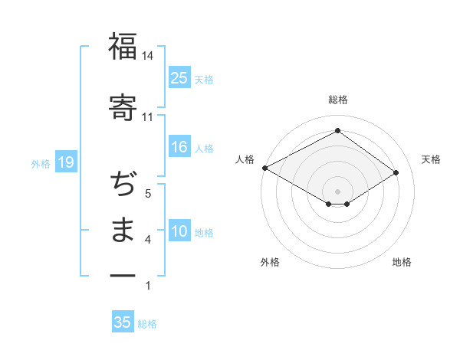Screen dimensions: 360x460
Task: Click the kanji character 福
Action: tap(123, 46)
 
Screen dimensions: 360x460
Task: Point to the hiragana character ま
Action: tap(123, 230)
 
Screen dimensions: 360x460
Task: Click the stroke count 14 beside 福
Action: tap(148, 57)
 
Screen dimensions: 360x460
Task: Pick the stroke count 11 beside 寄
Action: tap(148, 117)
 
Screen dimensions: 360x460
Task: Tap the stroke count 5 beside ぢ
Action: tap(148, 194)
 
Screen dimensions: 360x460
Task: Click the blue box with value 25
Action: tap(179, 77)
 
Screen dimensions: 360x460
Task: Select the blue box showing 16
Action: tap(179, 147)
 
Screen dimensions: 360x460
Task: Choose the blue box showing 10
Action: tap(179, 231)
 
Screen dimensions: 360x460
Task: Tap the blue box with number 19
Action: tap(65, 162)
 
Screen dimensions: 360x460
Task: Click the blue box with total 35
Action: tap(123, 322)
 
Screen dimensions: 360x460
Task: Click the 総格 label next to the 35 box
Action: tap(147, 324)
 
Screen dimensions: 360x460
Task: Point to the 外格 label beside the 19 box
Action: tap(41, 164)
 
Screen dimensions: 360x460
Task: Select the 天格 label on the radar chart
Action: tap(431, 159)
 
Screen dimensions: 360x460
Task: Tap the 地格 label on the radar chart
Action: tap(402, 262)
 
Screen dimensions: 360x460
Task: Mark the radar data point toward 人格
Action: tap(264, 167)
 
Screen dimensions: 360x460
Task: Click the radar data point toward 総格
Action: tap(337, 131)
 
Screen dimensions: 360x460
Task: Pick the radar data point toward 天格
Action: tap(396, 172)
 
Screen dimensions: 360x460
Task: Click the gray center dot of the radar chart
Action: tap(337, 191)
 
